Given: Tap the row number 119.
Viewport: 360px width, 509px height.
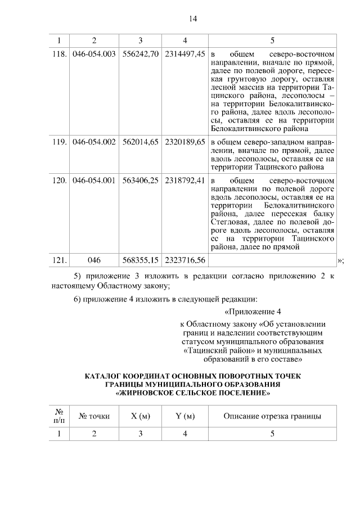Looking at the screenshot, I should pos(59,143).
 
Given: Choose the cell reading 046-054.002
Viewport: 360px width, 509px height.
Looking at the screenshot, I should pos(94,143).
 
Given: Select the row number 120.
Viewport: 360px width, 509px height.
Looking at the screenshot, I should pos(59,181).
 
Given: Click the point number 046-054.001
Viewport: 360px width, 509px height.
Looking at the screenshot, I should pos(94,181).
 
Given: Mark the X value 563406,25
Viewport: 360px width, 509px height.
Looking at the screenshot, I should pos(140,181).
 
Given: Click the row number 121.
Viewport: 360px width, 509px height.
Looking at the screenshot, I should pos(59,260).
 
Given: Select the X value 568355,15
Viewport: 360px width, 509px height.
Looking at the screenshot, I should pos(140,260).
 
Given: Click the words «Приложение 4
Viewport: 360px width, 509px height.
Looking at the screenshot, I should pos(252,312).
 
